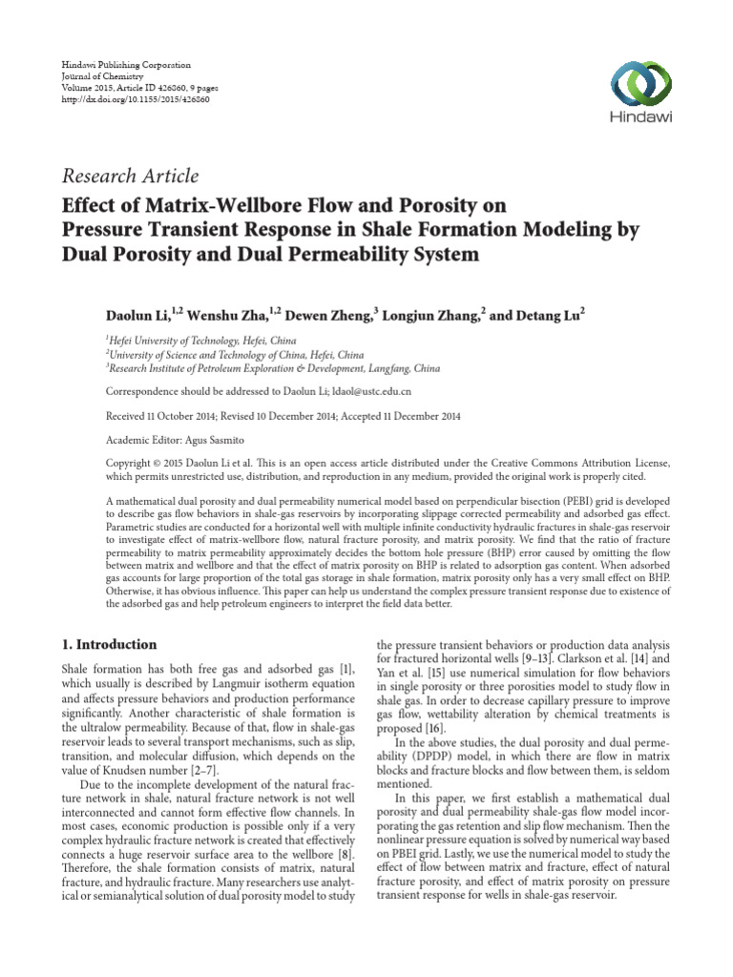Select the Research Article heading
tap(130, 176)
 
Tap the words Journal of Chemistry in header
tap(100, 76)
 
